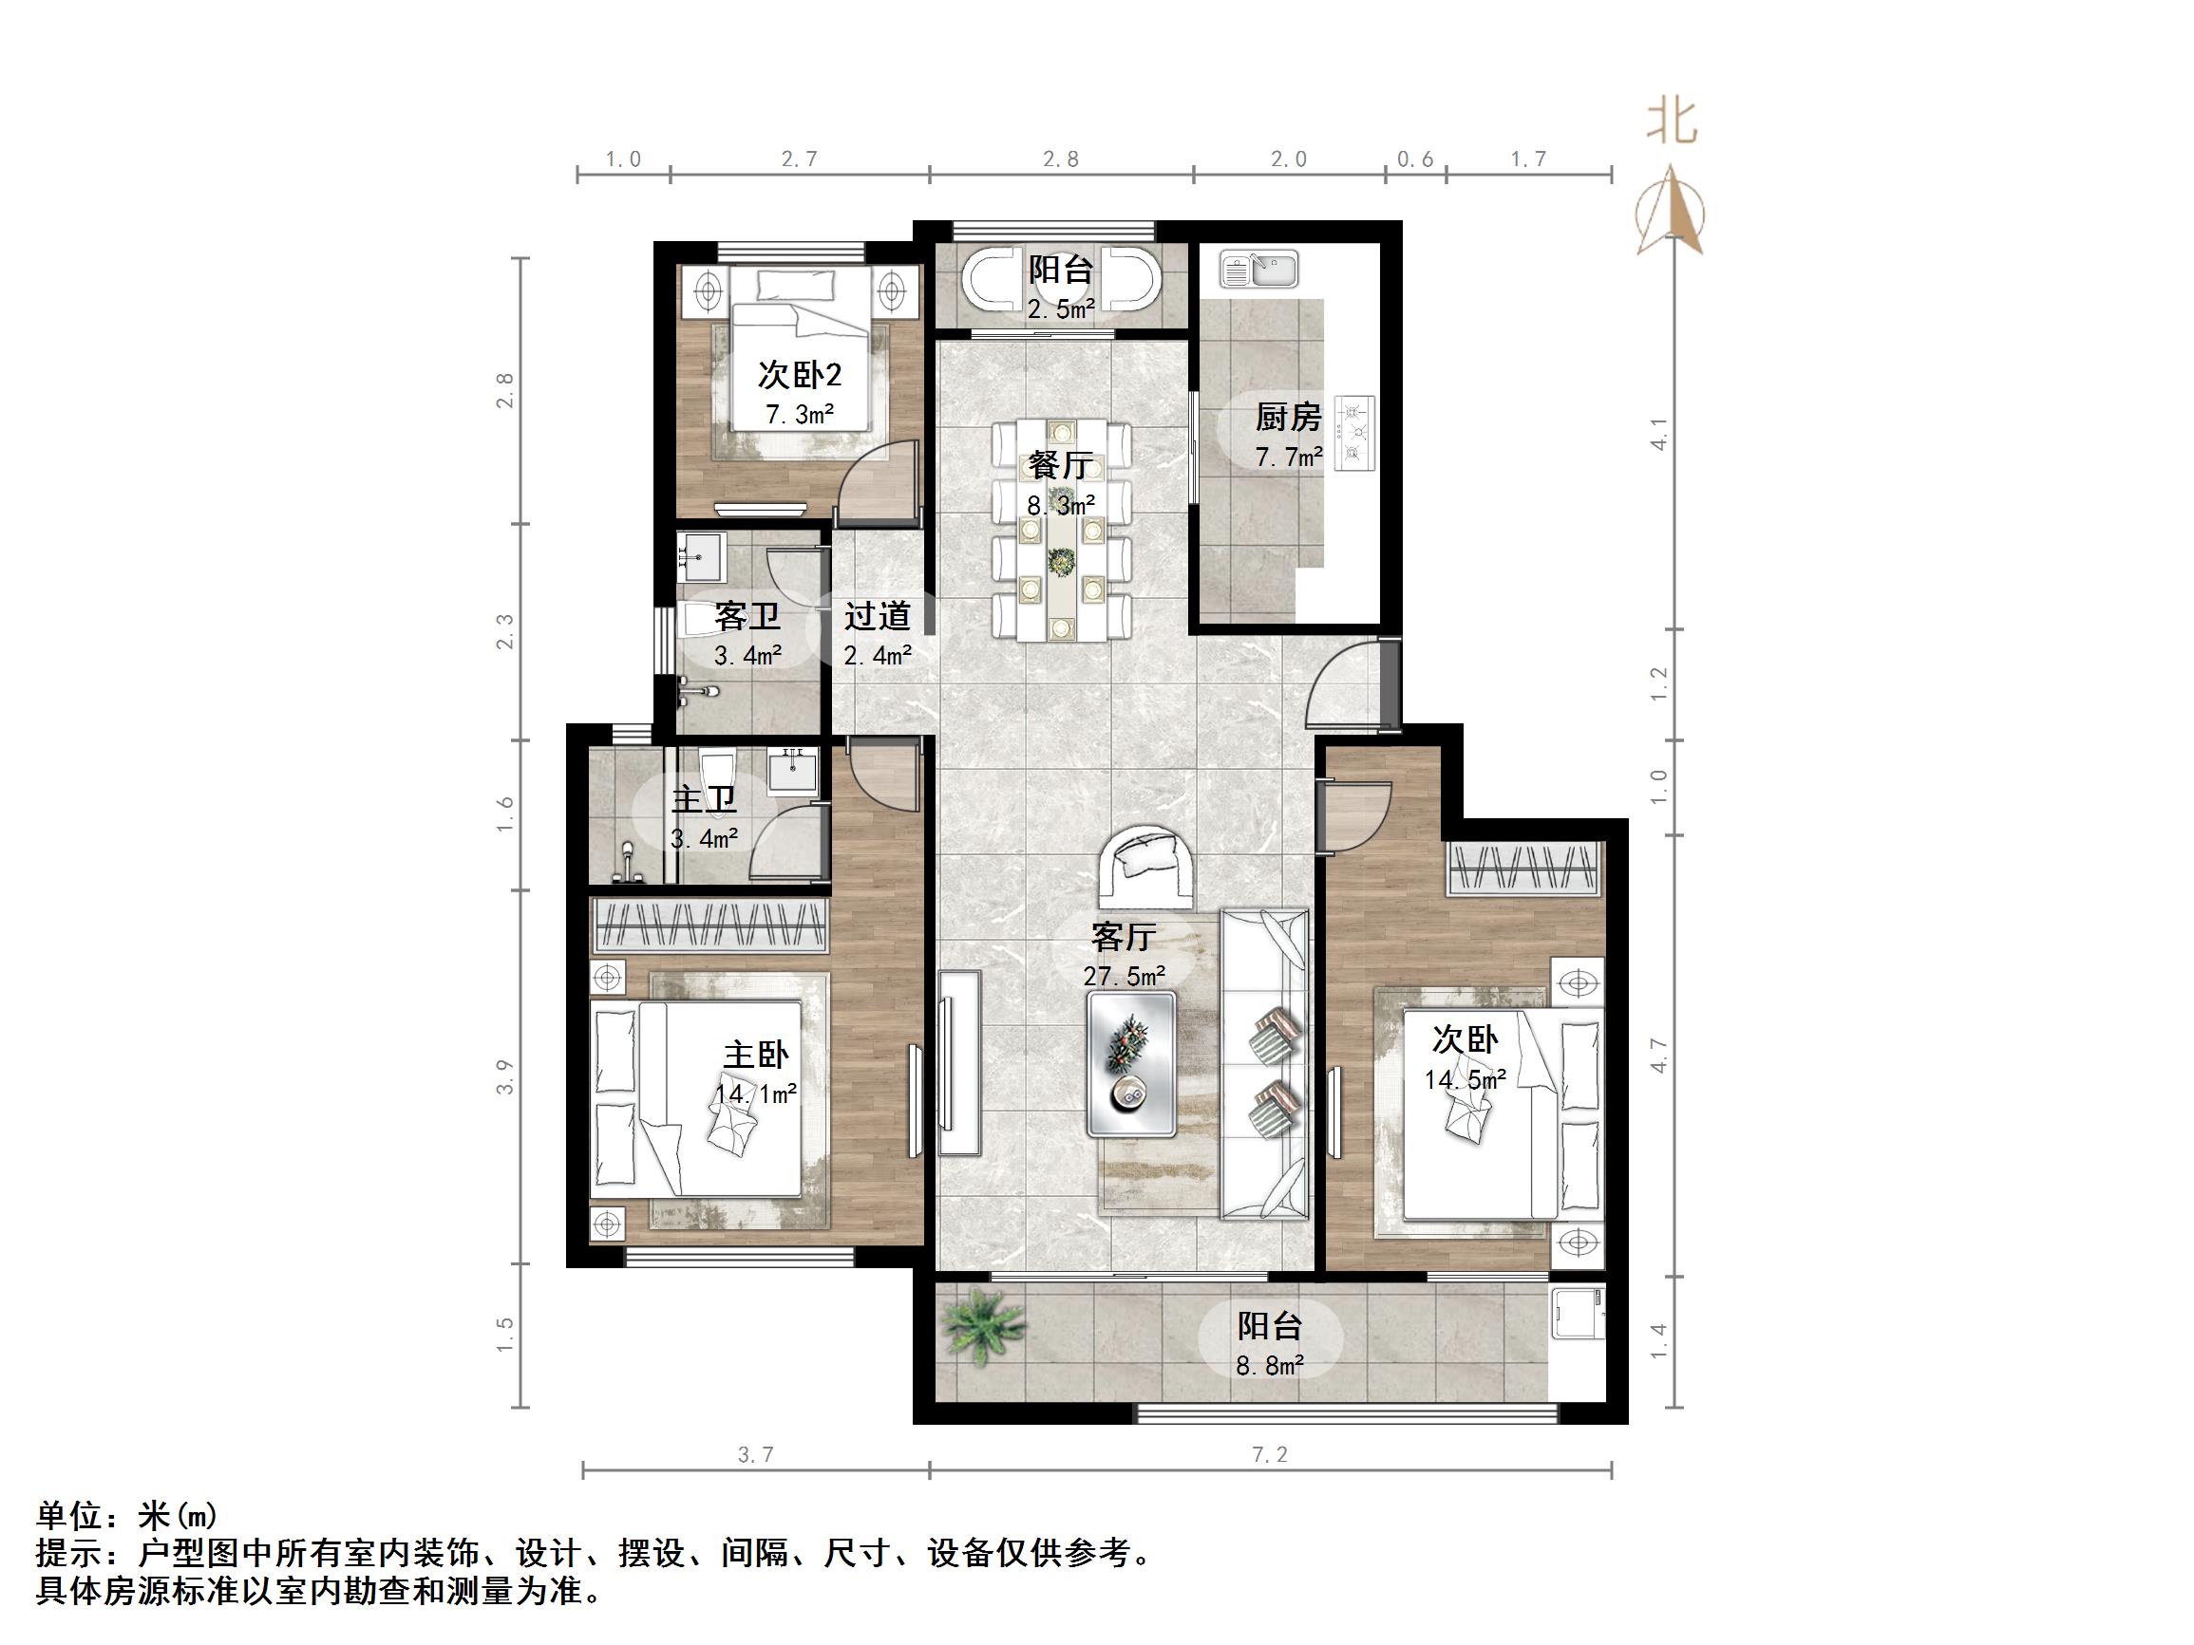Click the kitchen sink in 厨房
(1258, 269)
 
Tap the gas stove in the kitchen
(1355, 431)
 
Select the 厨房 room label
(1289, 418)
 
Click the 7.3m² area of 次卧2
(800, 415)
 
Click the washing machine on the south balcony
(1576, 1313)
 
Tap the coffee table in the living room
(1132, 1065)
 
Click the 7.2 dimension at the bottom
(1270, 1454)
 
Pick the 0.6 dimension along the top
(1414, 159)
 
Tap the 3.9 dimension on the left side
(506, 1076)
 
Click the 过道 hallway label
(877, 616)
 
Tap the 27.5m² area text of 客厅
(1124, 977)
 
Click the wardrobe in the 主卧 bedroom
(710, 926)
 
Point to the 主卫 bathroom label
(704, 799)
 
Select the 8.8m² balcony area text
(1270, 1365)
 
